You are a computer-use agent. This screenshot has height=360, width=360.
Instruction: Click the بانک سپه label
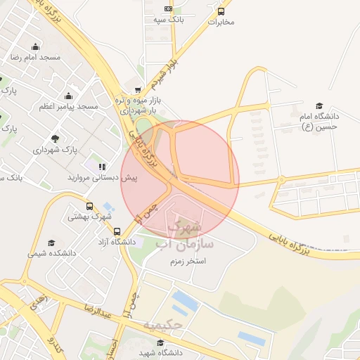click(169, 20)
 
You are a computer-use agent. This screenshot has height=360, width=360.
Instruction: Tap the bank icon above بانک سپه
click(168, 8)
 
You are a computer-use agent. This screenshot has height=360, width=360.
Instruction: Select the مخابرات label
click(221, 22)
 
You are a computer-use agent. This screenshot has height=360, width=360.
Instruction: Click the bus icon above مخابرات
click(221, 11)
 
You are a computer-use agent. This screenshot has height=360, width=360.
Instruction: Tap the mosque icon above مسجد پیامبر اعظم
click(68, 96)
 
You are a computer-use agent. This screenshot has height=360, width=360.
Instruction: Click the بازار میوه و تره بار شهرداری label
click(140, 105)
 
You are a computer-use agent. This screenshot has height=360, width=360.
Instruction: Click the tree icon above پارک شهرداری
click(55, 139)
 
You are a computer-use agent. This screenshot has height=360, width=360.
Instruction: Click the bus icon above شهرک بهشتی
click(89, 206)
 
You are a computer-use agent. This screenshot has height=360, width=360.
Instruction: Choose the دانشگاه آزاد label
click(118, 242)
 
